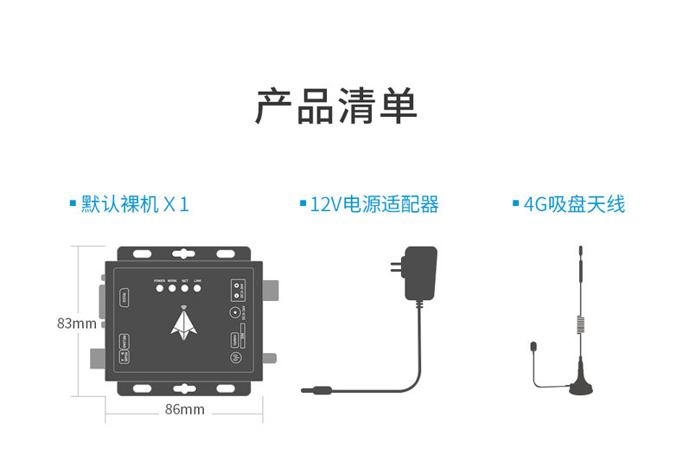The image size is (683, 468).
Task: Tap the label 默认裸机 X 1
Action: [134, 205]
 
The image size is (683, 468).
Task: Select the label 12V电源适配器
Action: [373, 205]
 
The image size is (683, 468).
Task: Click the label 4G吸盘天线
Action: [573, 205]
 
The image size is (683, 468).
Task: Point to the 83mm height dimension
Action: [76, 324]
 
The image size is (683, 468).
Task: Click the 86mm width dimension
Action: [184, 409]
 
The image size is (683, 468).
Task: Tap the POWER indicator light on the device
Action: [159, 290]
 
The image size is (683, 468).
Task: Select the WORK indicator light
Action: [172, 290]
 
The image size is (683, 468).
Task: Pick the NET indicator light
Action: [185, 290]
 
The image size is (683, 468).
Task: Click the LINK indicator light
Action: [197, 290]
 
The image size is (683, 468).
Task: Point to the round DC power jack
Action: [234, 315]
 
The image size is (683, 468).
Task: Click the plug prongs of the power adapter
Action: [394, 268]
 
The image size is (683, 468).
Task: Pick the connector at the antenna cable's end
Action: [533, 347]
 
